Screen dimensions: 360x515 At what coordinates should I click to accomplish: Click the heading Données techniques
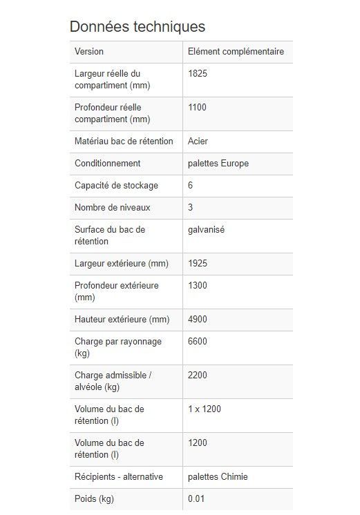click(x=137, y=26)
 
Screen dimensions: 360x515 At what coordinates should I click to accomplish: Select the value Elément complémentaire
click(x=236, y=52)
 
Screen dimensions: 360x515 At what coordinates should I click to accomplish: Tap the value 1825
click(x=198, y=74)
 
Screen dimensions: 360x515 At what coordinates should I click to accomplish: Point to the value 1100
click(x=198, y=108)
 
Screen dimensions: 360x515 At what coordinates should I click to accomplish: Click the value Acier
click(x=198, y=142)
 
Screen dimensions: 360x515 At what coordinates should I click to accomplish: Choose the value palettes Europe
click(x=218, y=164)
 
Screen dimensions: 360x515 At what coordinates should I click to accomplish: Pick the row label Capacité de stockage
click(x=116, y=186)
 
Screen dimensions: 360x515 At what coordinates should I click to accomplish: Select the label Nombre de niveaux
click(x=112, y=208)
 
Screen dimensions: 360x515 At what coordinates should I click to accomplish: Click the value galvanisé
click(x=206, y=230)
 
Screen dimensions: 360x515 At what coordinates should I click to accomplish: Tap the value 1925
click(x=198, y=264)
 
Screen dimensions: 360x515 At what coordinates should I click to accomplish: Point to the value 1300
click(x=198, y=286)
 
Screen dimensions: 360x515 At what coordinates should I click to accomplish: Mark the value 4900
click(x=198, y=320)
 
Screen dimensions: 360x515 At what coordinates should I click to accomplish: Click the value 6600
click(x=198, y=342)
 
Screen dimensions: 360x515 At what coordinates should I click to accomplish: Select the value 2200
click(x=198, y=376)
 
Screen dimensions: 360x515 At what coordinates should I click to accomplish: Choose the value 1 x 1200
click(x=205, y=409)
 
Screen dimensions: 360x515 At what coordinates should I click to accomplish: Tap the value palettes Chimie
click(x=218, y=477)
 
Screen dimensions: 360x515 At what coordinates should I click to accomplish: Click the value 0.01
click(x=196, y=499)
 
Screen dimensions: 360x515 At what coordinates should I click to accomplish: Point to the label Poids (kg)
click(x=94, y=499)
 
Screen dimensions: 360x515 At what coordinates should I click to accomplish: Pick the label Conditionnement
click(x=107, y=164)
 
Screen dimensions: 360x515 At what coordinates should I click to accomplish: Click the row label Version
click(x=89, y=52)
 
